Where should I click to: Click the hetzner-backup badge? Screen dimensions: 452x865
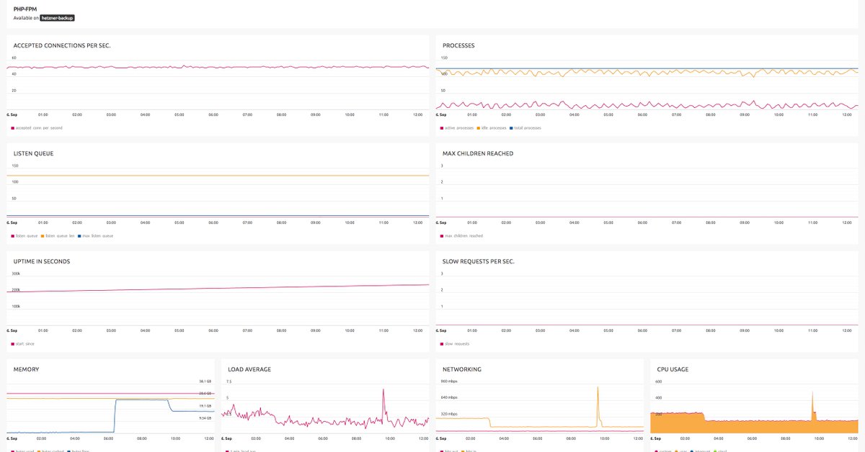[x=58, y=18]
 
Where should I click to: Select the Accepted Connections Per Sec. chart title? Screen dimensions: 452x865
[x=62, y=45]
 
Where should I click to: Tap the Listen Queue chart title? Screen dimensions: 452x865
[x=34, y=153]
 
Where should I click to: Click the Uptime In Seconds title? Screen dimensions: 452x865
[x=42, y=261]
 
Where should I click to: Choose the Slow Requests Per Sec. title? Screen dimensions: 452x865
[x=479, y=261]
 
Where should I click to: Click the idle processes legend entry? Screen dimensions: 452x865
[x=491, y=128]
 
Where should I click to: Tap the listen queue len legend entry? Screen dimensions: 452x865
[x=59, y=236]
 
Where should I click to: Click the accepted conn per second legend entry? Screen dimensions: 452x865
[x=37, y=128]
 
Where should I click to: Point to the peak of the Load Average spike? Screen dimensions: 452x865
[x=383, y=389]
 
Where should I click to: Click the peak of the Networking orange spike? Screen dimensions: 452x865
[x=598, y=387]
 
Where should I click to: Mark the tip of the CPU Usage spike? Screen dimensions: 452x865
[x=812, y=392]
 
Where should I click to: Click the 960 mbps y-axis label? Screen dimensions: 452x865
[x=449, y=381]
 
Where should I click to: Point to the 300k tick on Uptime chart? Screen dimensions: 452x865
[x=16, y=274]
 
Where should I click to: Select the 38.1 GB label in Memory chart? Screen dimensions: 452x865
[x=205, y=381]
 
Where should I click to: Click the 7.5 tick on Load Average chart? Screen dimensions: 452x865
[x=229, y=381]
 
